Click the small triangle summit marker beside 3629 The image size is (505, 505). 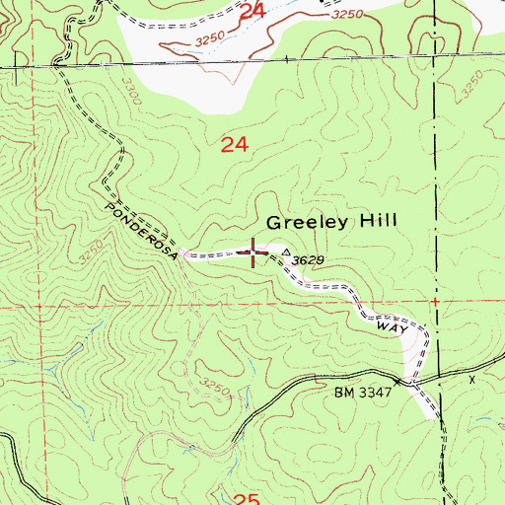pos(287,253)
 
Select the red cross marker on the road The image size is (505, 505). pos(254,252)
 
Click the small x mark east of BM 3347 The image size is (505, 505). pos(471,378)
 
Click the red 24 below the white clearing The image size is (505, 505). pos(234,145)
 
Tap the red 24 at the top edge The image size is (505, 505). pos(252,11)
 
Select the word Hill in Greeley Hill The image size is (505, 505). pos(376,222)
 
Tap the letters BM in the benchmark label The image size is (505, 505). pos(342,392)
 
